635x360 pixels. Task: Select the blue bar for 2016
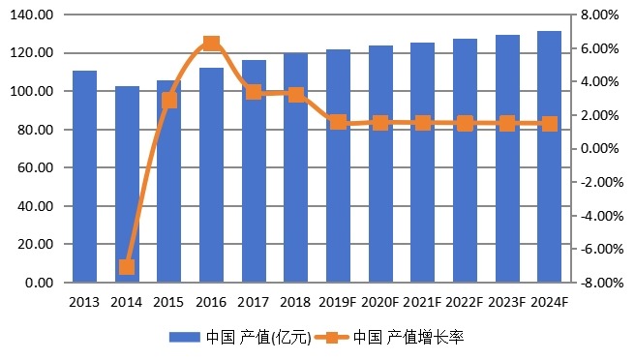pyautogui.click(x=211, y=174)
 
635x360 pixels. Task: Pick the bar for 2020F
pyautogui.click(x=380, y=164)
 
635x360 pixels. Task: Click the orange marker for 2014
pyautogui.click(x=127, y=266)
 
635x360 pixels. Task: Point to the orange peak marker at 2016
pyautogui.click(x=211, y=44)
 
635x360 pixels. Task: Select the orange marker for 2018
pyautogui.click(x=296, y=95)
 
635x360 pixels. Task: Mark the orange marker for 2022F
pyautogui.click(x=465, y=123)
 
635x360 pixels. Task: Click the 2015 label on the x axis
pyautogui.click(x=168, y=302)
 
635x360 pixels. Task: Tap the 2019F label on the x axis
pyautogui.click(x=338, y=302)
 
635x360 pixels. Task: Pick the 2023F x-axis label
pyautogui.click(x=506, y=302)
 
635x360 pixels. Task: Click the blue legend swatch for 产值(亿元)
pyautogui.click(x=184, y=338)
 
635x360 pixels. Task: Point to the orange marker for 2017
pyautogui.click(x=254, y=92)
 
